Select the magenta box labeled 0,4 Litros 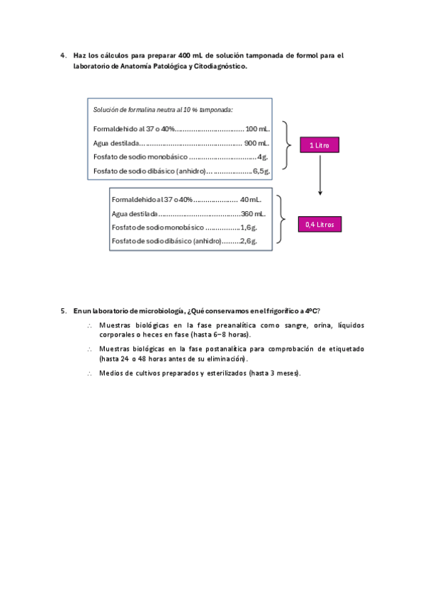[319, 224]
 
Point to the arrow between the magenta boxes [320, 174]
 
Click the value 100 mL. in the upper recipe [257, 129]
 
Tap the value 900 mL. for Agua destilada [256, 142]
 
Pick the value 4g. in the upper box [262, 157]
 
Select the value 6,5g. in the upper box [261, 171]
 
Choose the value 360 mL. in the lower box [253, 213]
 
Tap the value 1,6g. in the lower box [248, 228]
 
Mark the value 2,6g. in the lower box [248, 242]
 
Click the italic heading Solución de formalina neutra [163, 110]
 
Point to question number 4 [64, 55]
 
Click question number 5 [64, 310]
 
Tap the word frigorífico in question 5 [273, 310]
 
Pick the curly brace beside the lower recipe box [281, 220]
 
